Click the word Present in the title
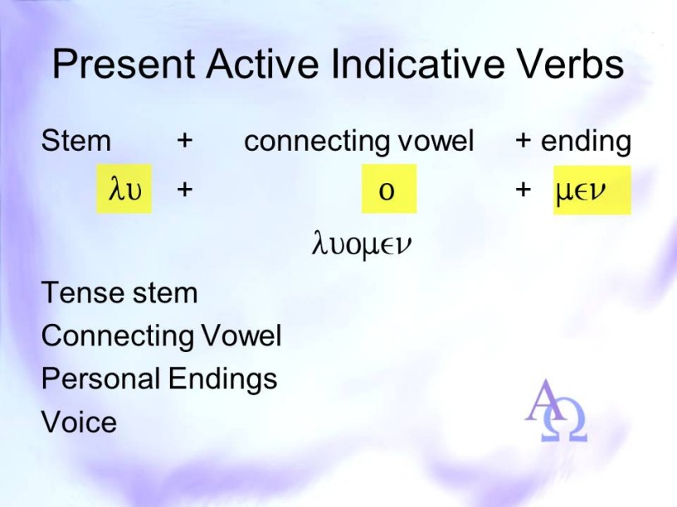tap(124, 64)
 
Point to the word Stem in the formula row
tap(76, 141)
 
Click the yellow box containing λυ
tap(124, 189)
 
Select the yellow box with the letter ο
tap(389, 189)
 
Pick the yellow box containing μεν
tap(592, 190)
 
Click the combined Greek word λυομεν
tap(362, 244)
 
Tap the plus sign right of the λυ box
tap(184, 189)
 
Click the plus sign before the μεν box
tap(523, 189)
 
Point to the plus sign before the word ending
tap(523, 141)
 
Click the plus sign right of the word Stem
tap(184, 141)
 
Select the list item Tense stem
tap(119, 292)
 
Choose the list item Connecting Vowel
tap(162, 336)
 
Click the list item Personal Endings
tap(159, 379)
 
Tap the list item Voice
tap(79, 422)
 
